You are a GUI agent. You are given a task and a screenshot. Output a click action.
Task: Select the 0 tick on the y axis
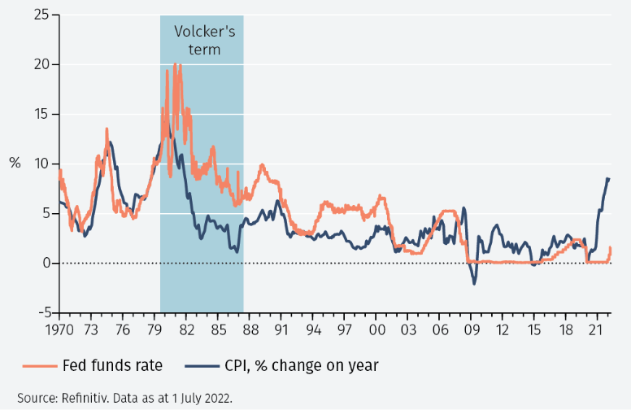[44, 263]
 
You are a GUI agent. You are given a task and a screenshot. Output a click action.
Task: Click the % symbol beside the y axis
[15, 163]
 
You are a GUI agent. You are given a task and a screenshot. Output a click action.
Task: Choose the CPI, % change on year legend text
[302, 365]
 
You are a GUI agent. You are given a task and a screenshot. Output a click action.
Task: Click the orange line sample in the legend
[37, 365]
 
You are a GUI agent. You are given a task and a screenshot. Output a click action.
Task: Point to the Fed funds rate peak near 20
[176, 65]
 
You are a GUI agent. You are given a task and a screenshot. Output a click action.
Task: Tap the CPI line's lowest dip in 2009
[474, 282]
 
